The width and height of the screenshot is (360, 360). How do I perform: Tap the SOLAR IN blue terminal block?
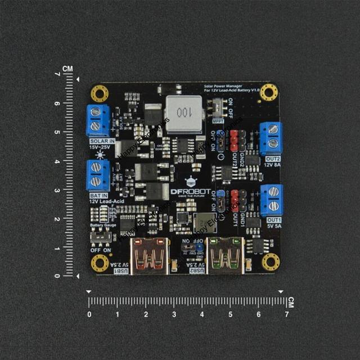[98, 119]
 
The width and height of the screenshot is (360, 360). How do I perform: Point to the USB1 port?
[148, 255]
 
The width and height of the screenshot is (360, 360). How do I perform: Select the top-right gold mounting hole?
[269, 91]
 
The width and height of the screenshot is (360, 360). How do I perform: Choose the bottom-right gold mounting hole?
[271, 260]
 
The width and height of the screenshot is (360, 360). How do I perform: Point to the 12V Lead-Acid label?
[105, 201]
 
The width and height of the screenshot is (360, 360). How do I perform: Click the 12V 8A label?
[273, 165]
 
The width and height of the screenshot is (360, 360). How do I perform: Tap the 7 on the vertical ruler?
[58, 74]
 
